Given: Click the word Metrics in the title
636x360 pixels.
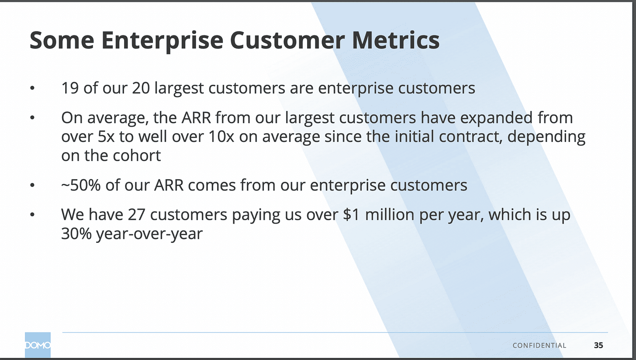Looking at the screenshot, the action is coord(396,40).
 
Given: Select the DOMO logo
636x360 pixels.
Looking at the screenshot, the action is coord(38,345).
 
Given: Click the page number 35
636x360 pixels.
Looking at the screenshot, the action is coord(598,345).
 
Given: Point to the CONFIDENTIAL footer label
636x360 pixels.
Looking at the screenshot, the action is coord(539,346).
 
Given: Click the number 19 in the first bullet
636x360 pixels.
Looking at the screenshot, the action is coord(70,88).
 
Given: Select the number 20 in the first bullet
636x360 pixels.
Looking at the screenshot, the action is coord(141,88).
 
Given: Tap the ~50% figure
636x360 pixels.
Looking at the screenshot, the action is coord(81,185).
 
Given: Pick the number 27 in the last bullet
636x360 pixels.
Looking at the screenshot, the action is coord(137,215).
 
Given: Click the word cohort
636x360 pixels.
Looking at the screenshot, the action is coord(137,156).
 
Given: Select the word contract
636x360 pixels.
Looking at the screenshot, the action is coord(470,137).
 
